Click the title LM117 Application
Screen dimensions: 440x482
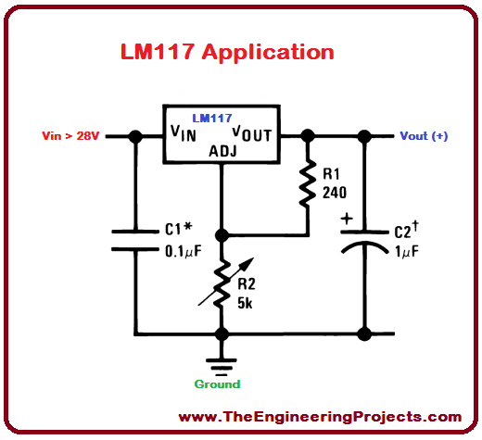point(227,52)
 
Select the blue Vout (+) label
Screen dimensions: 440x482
point(424,136)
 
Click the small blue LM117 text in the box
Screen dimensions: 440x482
point(211,119)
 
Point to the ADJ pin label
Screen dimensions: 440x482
point(224,151)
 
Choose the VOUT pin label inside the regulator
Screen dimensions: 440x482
point(251,133)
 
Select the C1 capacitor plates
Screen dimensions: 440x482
point(135,240)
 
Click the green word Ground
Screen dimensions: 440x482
point(217,383)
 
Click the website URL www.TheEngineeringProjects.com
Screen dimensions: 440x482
point(320,417)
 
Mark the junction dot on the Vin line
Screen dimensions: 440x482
point(135,136)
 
